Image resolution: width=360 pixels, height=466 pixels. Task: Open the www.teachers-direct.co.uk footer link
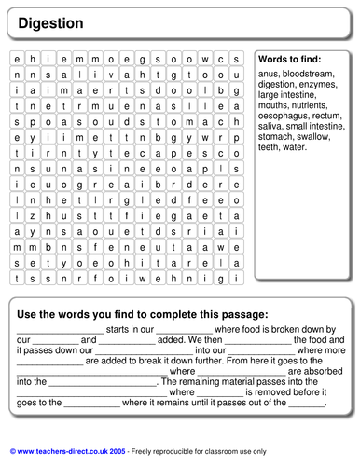point(70,449)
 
